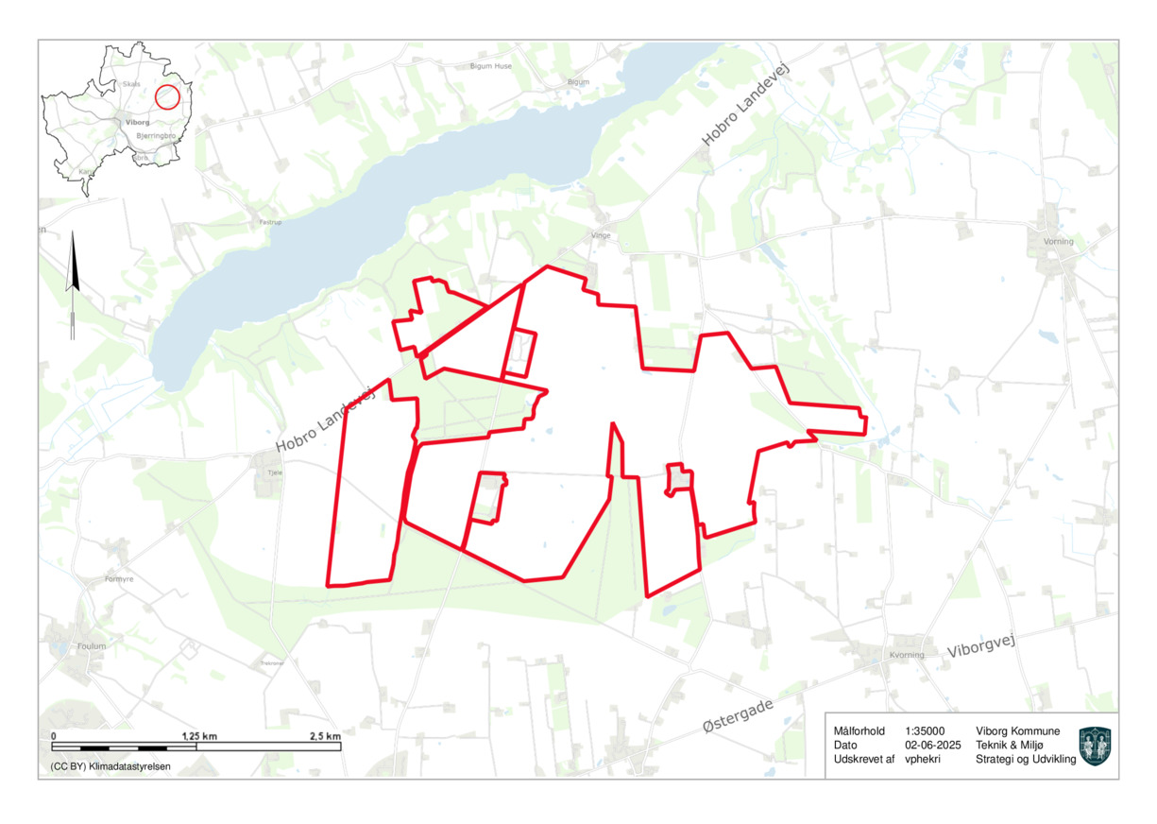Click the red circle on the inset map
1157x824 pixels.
click(167, 96)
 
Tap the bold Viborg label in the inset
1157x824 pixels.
click(137, 122)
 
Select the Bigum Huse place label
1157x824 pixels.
click(491, 66)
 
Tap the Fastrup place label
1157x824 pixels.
click(270, 223)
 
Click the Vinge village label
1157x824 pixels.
click(601, 235)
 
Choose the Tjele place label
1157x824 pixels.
click(276, 472)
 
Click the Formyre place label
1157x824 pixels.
click(120, 579)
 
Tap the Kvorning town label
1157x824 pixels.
click(908, 655)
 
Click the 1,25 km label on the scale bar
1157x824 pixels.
click(198, 735)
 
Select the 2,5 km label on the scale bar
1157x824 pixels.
click(326, 735)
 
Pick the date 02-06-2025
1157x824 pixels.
click(932, 745)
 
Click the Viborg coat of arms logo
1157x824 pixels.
click(1095, 746)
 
